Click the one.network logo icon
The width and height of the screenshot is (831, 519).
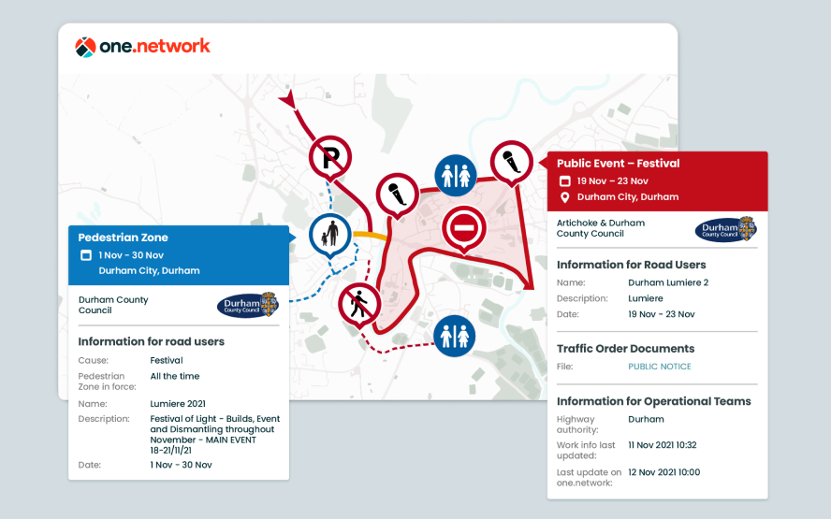click(x=85, y=47)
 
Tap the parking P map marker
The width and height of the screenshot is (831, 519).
click(x=330, y=156)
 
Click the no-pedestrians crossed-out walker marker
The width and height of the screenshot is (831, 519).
click(x=359, y=303)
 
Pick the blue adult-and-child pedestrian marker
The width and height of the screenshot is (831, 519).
click(x=329, y=233)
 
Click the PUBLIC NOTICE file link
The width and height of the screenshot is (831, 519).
click(x=660, y=367)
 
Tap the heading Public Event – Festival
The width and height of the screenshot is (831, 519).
click(x=618, y=164)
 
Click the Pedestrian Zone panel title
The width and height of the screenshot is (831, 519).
click(x=123, y=238)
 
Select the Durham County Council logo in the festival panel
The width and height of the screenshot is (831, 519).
click(x=725, y=229)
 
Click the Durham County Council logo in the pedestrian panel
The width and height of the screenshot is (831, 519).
click(x=247, y=305)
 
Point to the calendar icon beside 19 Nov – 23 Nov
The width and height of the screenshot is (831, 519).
click(x=564, y=181)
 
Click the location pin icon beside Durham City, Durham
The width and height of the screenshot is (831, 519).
click(x=564, y=197)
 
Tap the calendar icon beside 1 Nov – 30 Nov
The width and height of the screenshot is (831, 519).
click(x=85, y=255)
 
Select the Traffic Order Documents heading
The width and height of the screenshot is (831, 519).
click(x=625, y=349)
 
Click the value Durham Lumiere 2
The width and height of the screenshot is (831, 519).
click(x=668, y=281)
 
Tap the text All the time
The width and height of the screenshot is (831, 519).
click(x=174, y=376)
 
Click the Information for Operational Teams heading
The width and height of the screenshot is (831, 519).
click(x=653, y=401)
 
